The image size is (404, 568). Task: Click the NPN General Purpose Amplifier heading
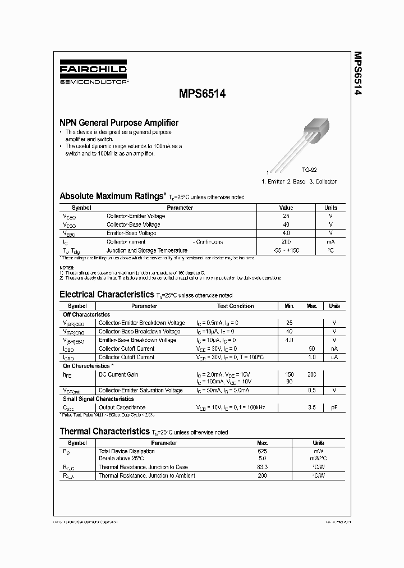pos(119,122)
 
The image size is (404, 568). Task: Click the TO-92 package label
pos(310,169)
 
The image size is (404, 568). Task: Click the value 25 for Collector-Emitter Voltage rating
pos(286,216)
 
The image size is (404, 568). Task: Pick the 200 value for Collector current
pos(286,242)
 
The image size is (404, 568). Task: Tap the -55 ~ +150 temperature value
pos(286,250)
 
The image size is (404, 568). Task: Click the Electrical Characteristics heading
pos(106,294)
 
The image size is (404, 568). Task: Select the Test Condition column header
pos(235,306)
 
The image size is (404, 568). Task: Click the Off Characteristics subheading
pos(86,314)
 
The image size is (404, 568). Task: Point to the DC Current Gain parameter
pos(118,374)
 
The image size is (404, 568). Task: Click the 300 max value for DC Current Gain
pos(312,374)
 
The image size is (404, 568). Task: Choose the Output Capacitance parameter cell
pos(122,407)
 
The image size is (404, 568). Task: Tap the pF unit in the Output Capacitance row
pos(334,407)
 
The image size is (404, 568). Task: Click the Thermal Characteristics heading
pos(104,432)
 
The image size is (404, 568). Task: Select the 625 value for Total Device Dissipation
pos(261,451)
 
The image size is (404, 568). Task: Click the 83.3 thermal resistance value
pos(261,467)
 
